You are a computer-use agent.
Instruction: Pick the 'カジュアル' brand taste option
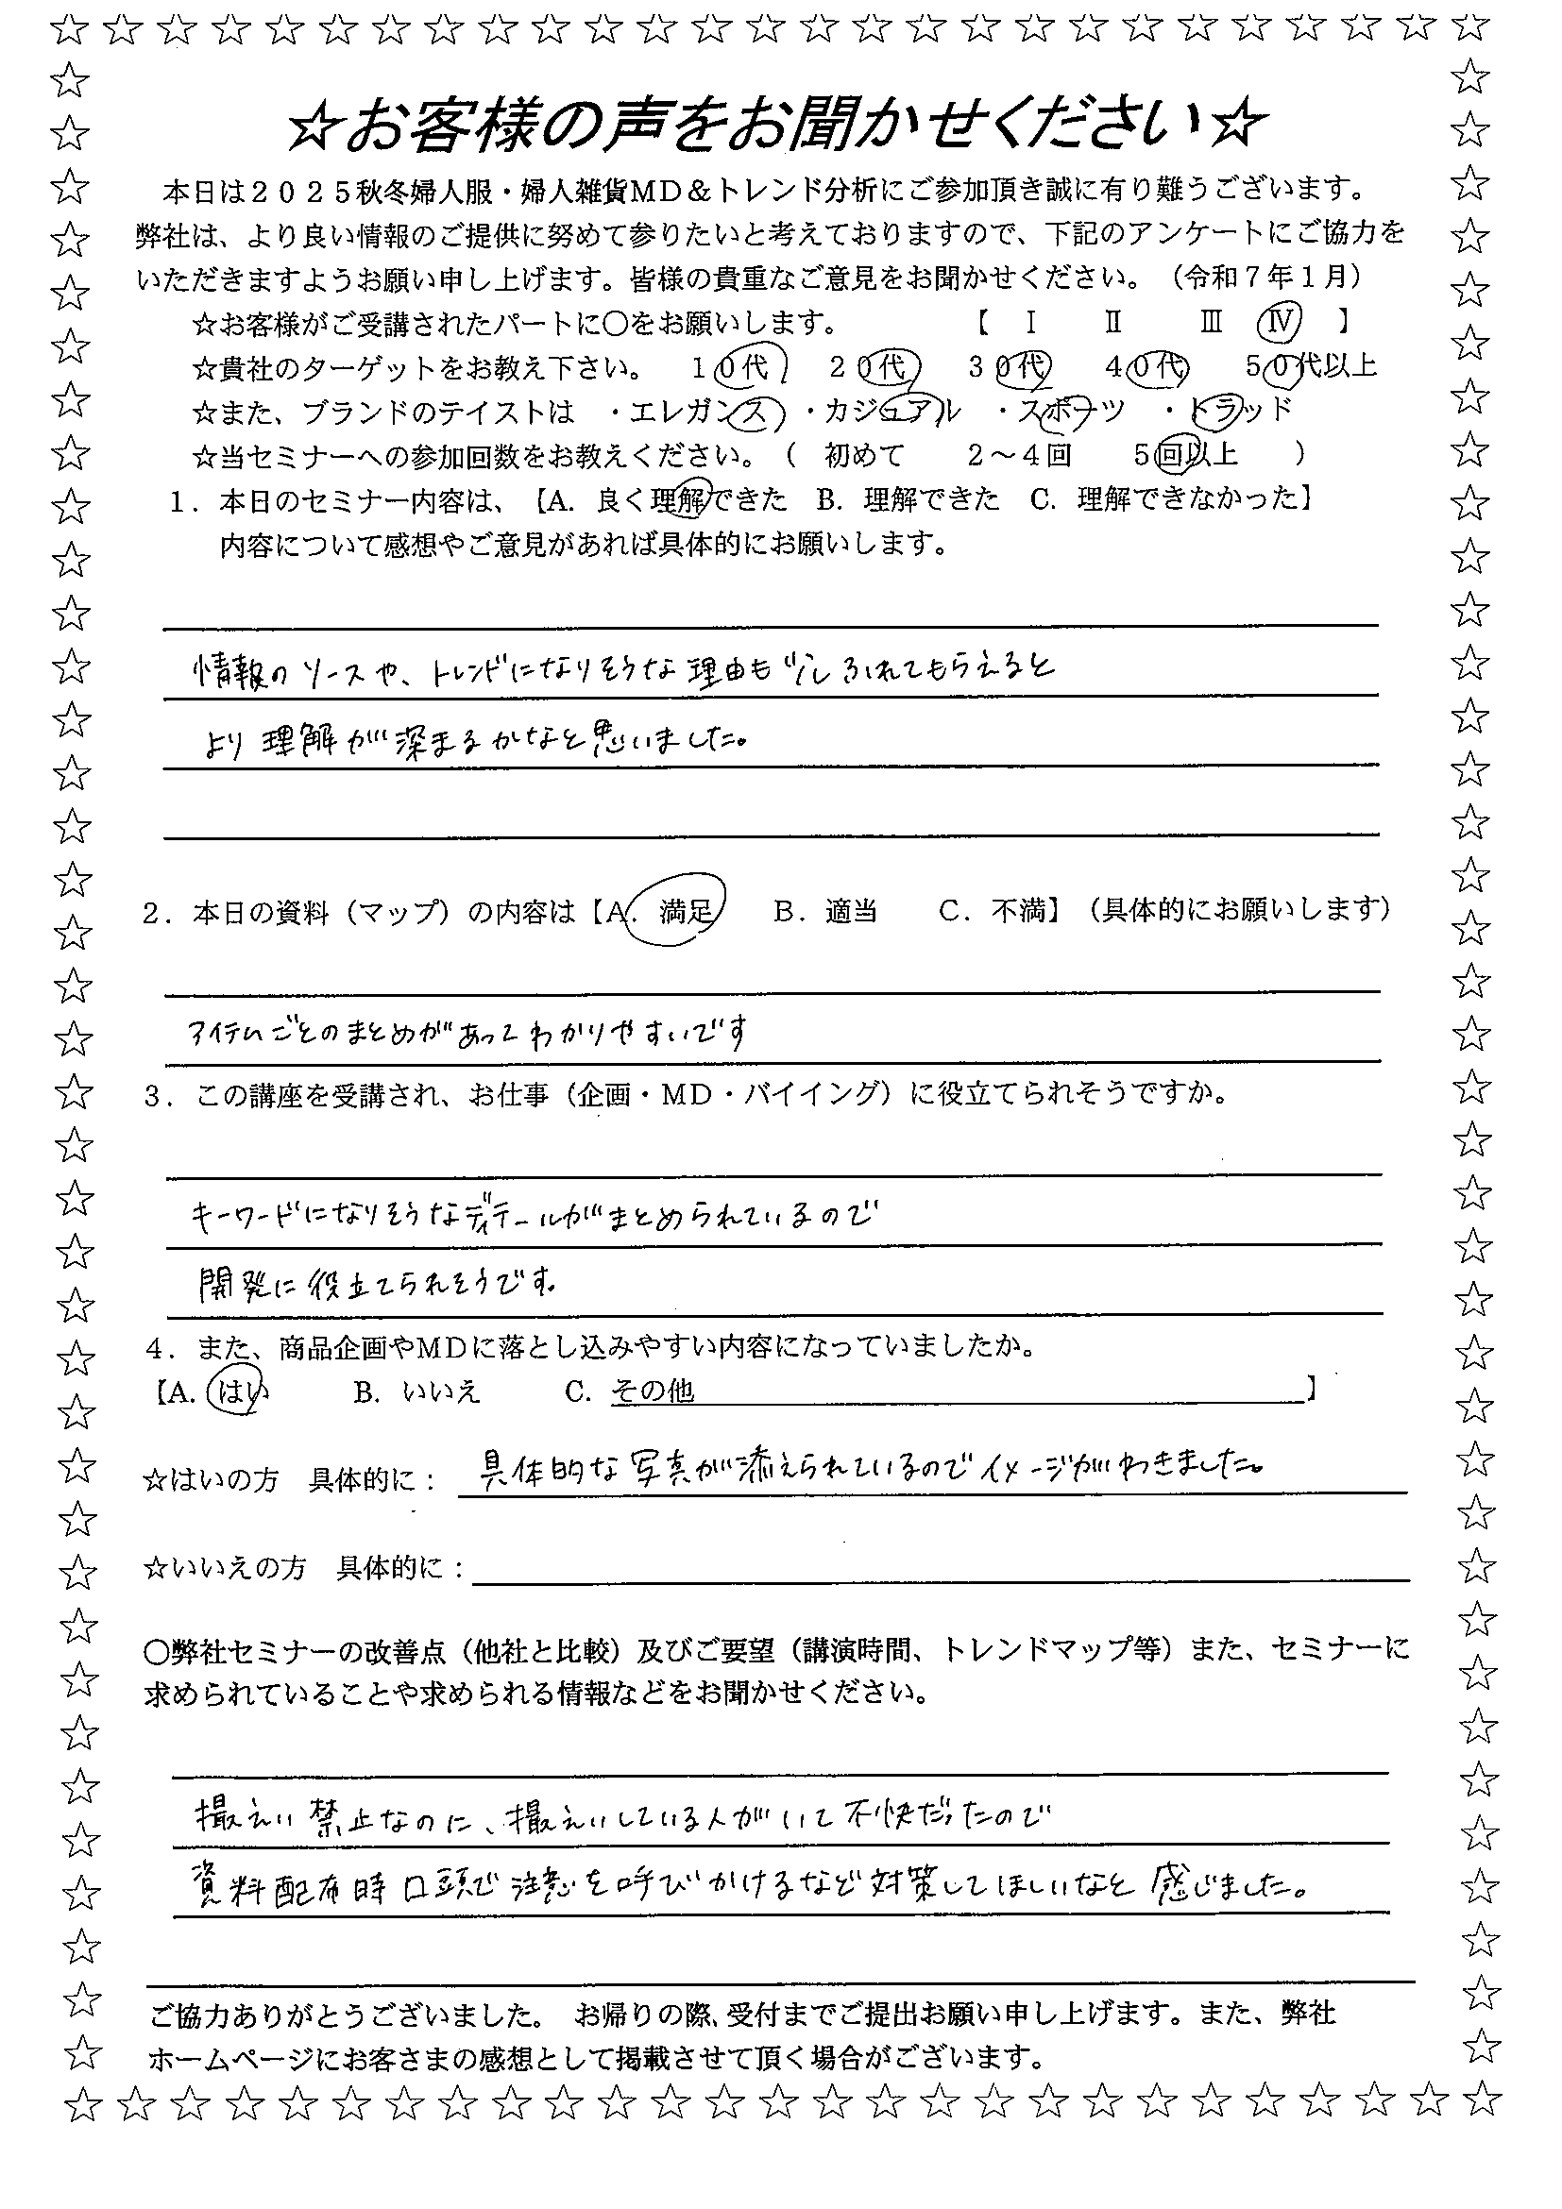[892, 412]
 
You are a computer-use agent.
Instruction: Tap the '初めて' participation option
[865, 454]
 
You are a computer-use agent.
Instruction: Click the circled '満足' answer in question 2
[685, 910]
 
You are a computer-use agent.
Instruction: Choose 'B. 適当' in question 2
[824, 911]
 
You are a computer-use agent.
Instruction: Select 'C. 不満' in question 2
[992, 911]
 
